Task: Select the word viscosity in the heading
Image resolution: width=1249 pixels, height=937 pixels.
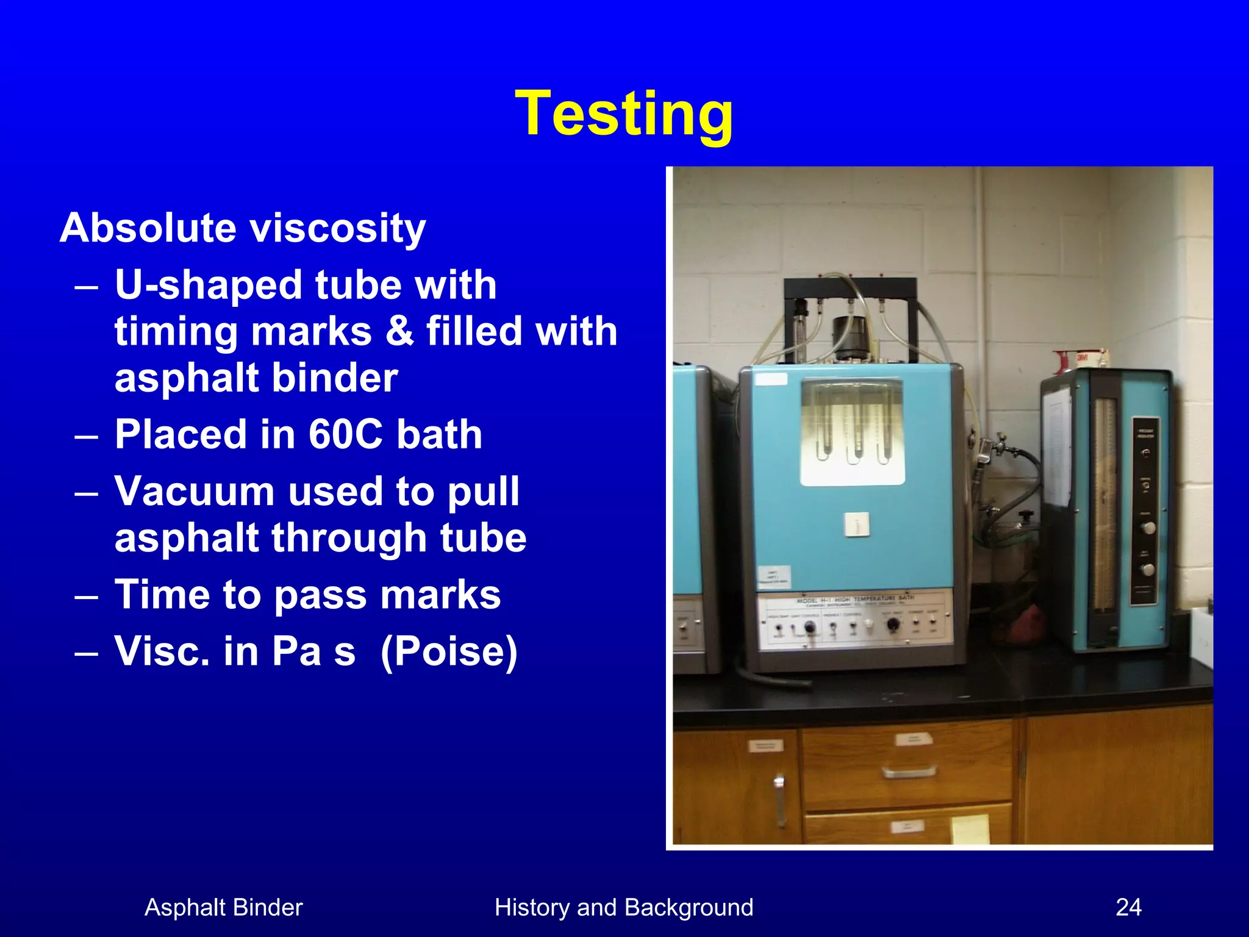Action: pyautogui.click(x=338, y=229)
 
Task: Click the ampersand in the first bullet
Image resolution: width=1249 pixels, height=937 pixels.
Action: pyautogui.click(x=399, y=331)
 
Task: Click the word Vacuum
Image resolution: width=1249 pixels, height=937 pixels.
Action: pyautogui.click(x=195, y=491)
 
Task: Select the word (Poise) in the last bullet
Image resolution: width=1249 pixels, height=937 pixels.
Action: pyautogui.click(x=449, y=651)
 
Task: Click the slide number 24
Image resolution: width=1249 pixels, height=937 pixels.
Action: pyautogui.click(x=1128, y=907)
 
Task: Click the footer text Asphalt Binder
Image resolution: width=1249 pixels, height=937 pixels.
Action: pyautogui.click(x=223, y=907)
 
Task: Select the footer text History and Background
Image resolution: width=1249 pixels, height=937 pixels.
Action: pyautogui.click(x=624, y=907)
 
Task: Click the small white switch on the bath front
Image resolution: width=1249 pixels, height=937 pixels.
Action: pyautogui.click(x=857, y=525)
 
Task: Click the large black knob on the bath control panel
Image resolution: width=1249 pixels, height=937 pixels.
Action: pyautogui.click(x=892, y=624)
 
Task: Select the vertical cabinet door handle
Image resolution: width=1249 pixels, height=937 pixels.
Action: pyautogui.click(x=779, y=799)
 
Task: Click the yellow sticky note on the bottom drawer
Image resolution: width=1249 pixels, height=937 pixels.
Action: pyautogui.click(x=970, y=829)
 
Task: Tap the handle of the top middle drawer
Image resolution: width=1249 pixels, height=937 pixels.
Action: pyautogui.click(x=908, y=772)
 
